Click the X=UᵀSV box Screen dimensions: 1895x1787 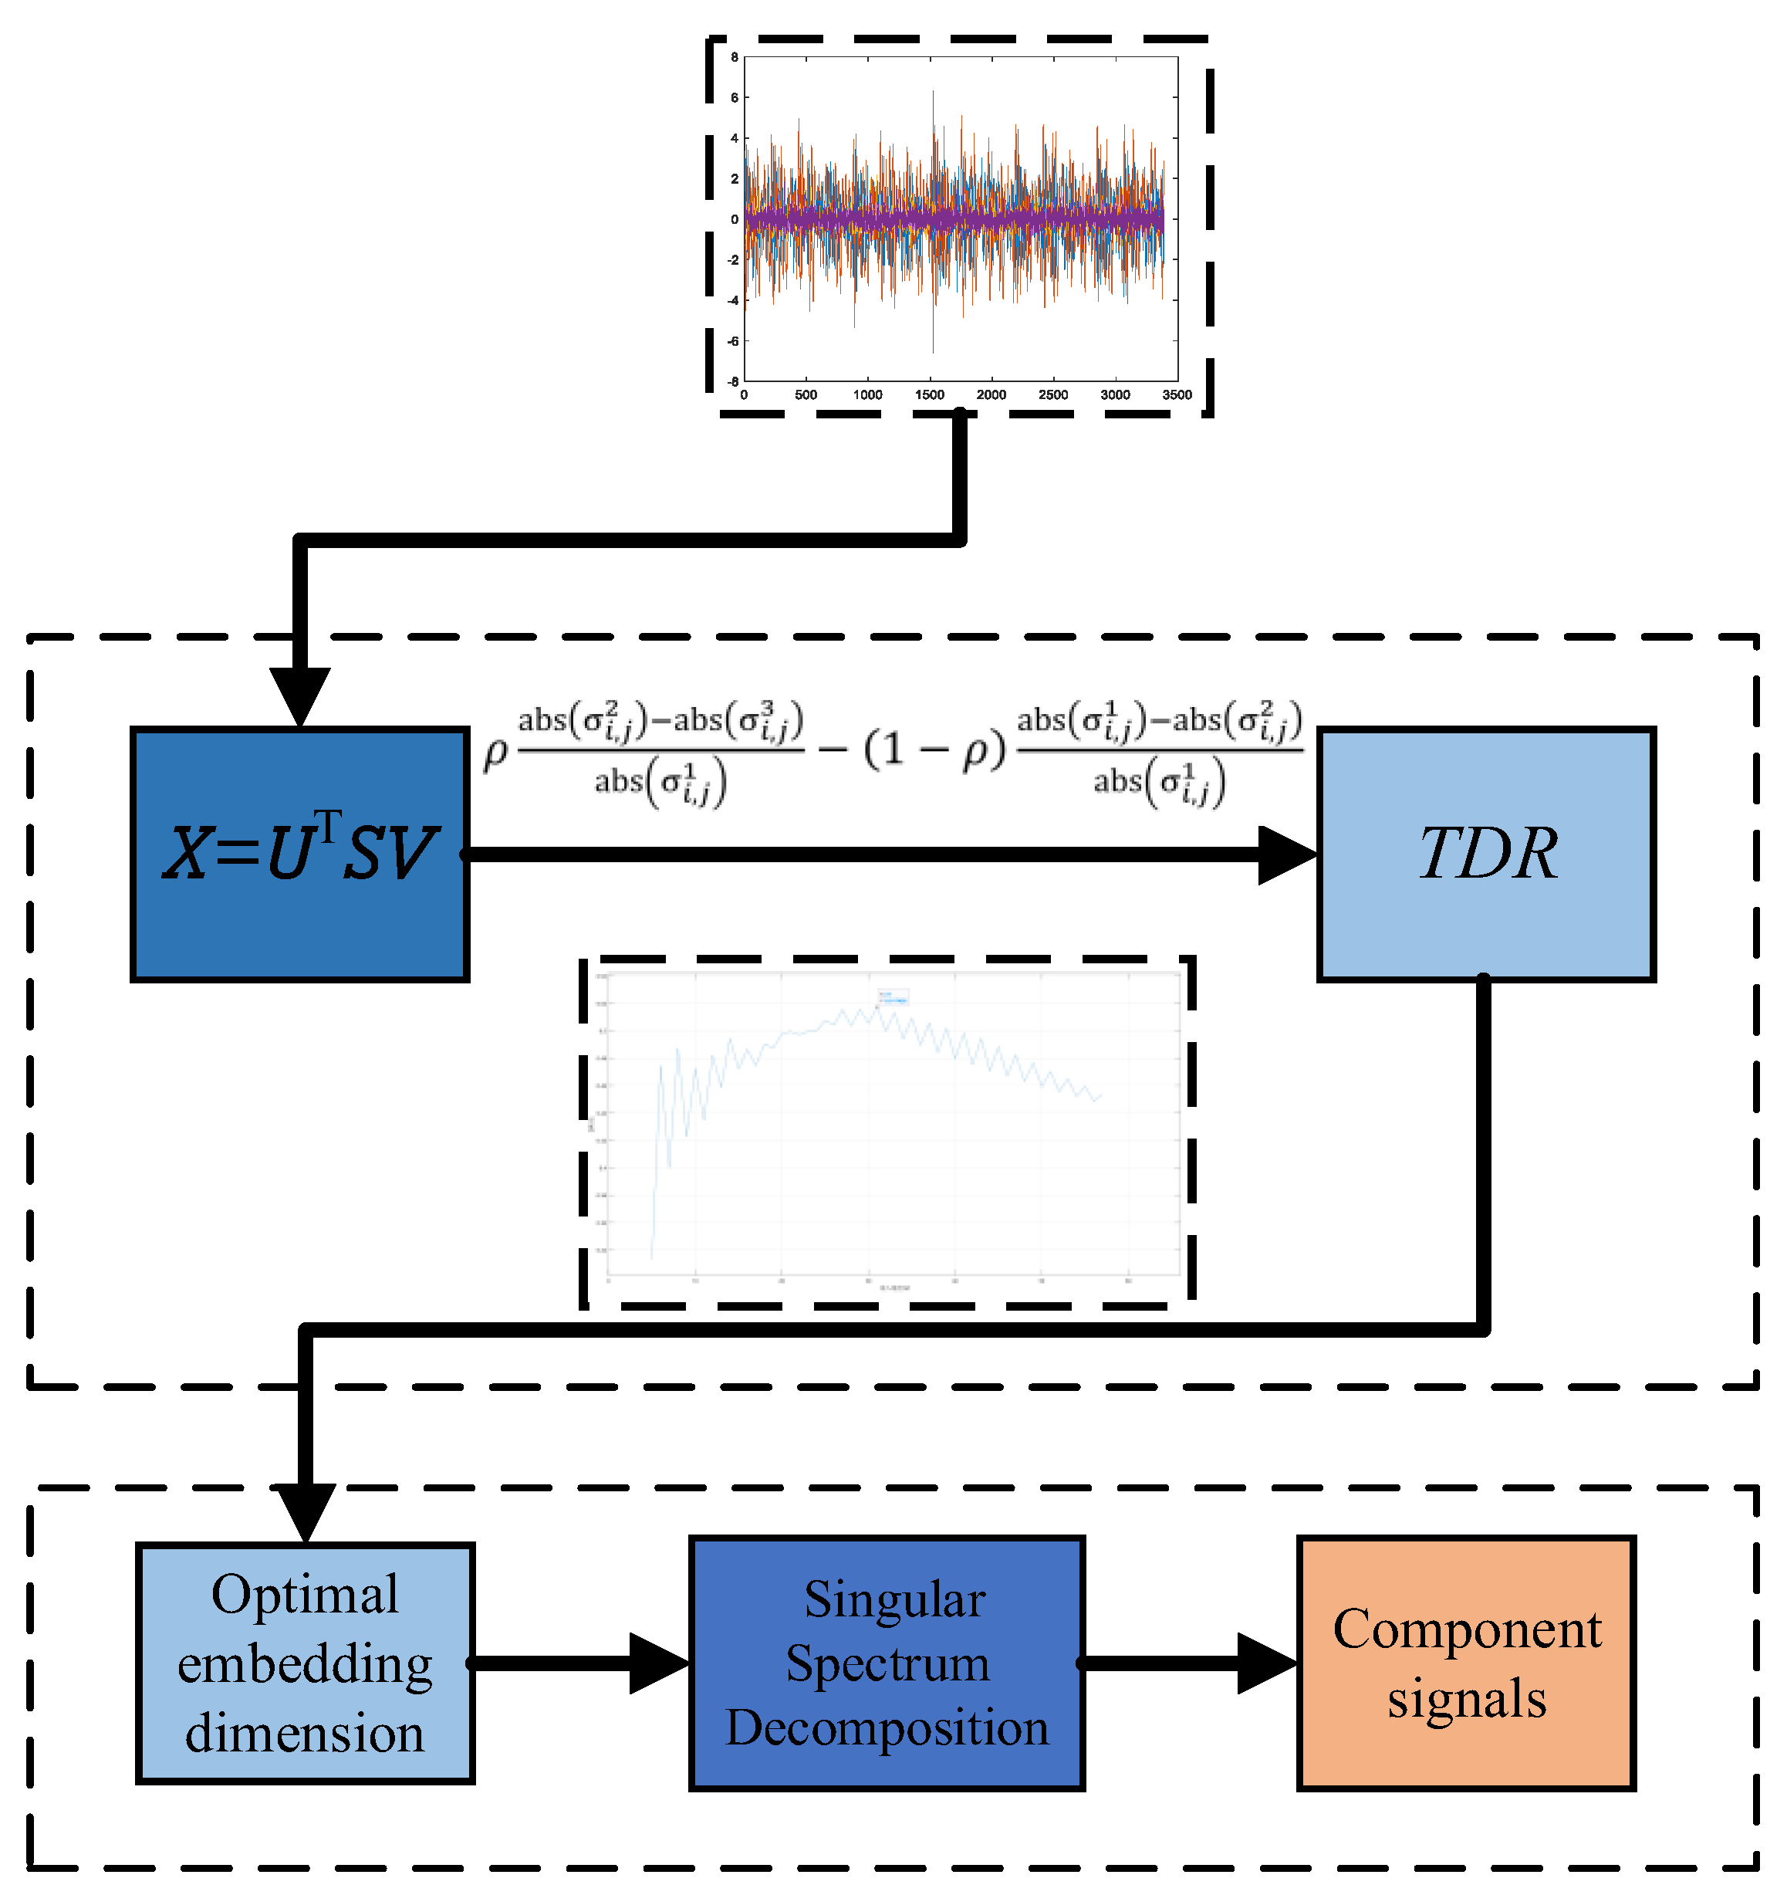[299, 854]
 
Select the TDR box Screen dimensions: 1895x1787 [1486, 854]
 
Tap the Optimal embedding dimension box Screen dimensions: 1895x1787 [305, 1663]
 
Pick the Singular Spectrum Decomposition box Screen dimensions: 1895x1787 [887, 1663]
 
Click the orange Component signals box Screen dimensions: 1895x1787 [1466, 1663]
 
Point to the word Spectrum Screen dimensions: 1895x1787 [887, 1663]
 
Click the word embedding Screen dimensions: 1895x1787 [305, 1664]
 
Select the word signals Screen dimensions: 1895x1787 [1466, 1699]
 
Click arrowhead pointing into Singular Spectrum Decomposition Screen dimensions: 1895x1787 [660, 1663]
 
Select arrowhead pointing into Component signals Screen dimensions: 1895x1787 [1267, 1663]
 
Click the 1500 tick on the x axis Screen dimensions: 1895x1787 [929, 394]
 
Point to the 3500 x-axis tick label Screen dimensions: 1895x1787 [1177, 394]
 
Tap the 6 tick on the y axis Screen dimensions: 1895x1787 [734, 97]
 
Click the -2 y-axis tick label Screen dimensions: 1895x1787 [733, 259]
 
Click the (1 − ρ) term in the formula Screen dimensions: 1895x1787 [934, 750]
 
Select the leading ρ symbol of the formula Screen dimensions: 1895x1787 [495, 753]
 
